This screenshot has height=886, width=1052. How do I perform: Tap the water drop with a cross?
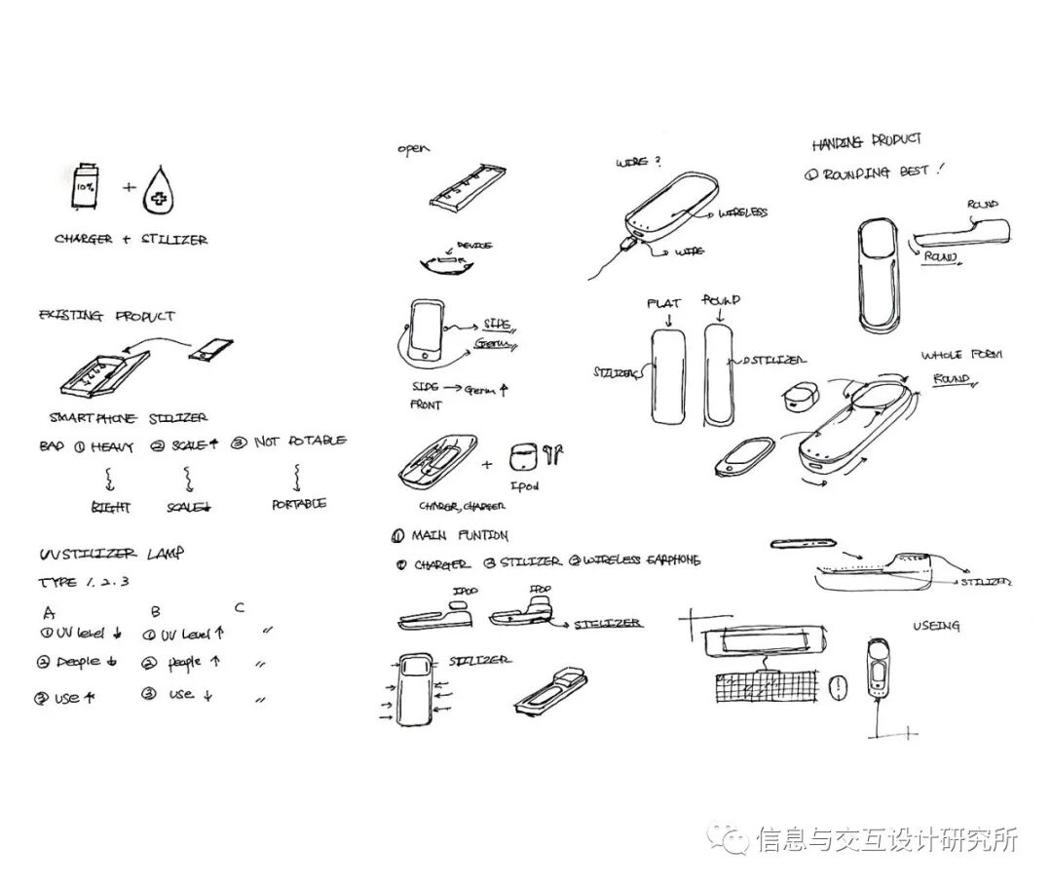[157, 190]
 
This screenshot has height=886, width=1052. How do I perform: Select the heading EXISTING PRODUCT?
[106, 316]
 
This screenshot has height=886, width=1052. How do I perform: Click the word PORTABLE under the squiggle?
[299, 504]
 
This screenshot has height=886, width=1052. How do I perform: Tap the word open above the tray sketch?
[413, 149]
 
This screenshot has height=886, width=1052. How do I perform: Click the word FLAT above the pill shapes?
[663, 304]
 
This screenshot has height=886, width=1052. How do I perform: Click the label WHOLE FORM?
[961, 355]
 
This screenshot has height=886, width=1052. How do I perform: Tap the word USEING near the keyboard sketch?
[935, 625]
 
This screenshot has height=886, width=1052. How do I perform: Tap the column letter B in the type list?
[156, 612]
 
